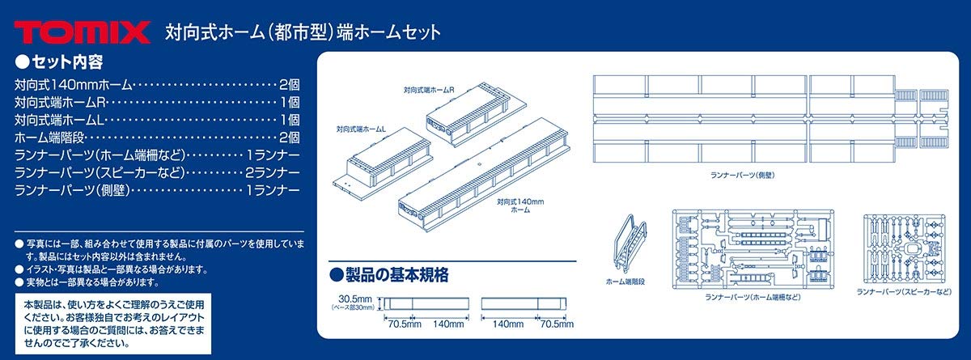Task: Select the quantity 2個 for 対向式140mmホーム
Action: point(289,83)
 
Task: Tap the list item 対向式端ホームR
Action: point(61,102)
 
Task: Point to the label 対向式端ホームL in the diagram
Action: point(361,129)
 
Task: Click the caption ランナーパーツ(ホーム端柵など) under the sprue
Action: point(743,298)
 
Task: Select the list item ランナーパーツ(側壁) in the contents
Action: point(73,191)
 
